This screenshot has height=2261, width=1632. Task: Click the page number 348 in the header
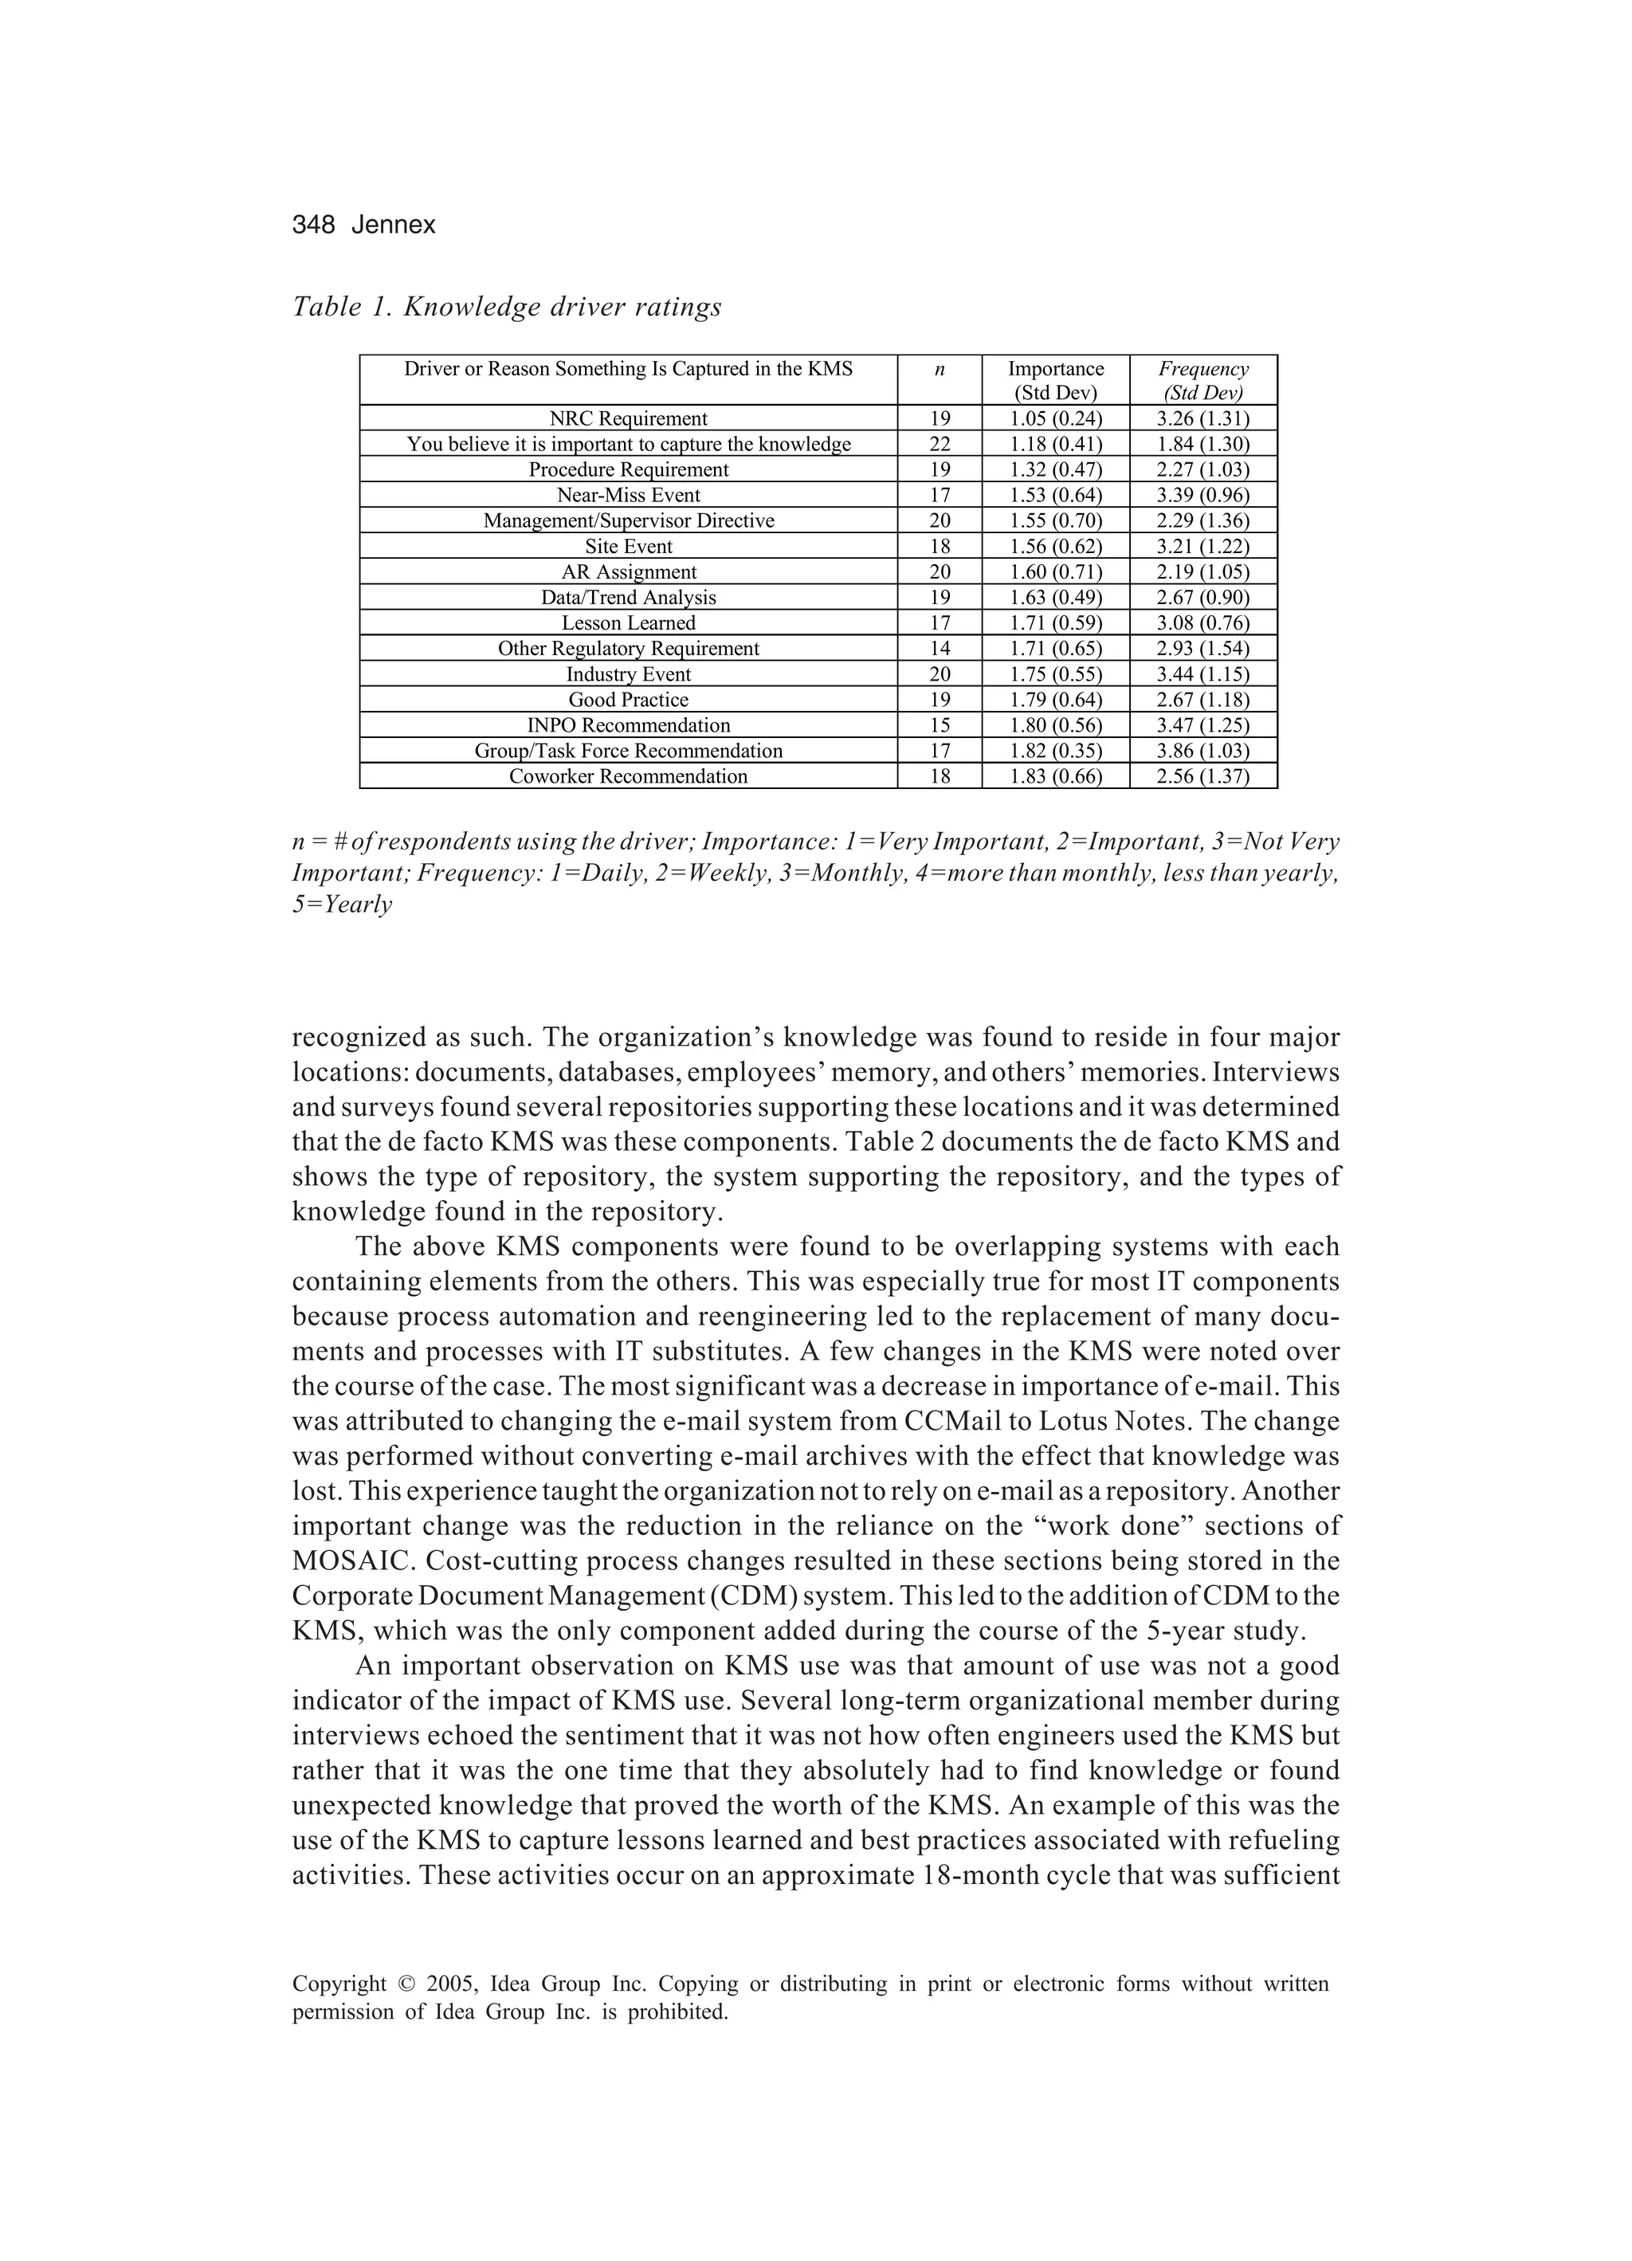pos(313,226)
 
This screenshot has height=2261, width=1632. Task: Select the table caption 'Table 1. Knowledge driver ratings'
pos(507,307)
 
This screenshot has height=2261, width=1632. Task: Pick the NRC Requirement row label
pos(628,418)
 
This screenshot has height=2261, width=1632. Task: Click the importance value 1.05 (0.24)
pos(1056,418)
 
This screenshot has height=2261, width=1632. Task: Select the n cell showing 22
pos(940,445)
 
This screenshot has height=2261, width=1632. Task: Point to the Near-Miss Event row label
pos(628,496)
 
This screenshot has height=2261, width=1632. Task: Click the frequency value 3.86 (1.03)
pos(1202,751)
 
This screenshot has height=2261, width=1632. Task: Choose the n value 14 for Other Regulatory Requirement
pos(940,649)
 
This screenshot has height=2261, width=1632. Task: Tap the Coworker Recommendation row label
pos(628,776)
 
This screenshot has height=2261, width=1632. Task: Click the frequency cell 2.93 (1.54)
pos(1202,649)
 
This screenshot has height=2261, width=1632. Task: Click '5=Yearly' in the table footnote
pos(342,905)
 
